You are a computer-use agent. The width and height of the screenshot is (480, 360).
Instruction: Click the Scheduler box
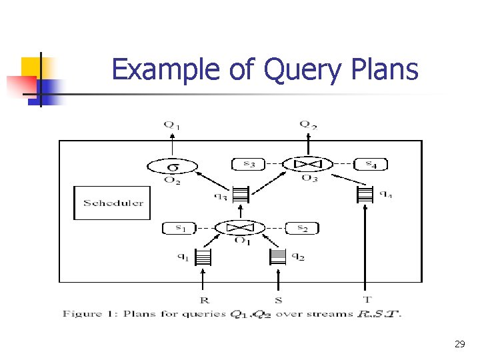tap(113, 203)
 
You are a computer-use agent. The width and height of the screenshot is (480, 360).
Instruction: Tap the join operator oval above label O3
tap(308, 164)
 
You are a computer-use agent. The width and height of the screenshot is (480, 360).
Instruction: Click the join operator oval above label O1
tap(239, 228)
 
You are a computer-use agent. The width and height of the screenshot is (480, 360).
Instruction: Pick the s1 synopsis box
tap(180, 228)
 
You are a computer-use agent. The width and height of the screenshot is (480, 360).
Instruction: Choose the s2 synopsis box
tap(302, 228)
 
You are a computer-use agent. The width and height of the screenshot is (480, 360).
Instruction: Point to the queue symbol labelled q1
tap(203, 256)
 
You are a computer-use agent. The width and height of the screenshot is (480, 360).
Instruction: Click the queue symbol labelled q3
tap(240, 194)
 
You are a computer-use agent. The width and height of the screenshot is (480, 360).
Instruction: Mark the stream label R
tap(203, 300)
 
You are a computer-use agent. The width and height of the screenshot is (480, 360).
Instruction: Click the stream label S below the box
tap(279, 300)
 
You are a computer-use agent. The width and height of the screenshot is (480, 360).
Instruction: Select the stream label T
tap(366, 299)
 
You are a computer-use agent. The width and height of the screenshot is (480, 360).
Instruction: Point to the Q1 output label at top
tap(172, 124)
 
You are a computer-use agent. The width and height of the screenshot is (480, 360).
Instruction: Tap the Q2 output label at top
tap(307, 124)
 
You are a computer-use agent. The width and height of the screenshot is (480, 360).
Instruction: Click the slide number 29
tap(459, 344)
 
